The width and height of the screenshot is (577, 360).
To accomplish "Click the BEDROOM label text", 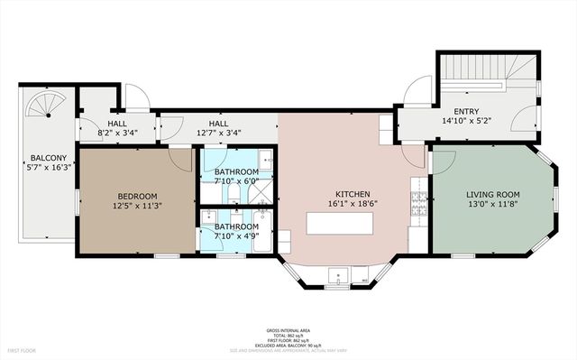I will click(x=137, y=196).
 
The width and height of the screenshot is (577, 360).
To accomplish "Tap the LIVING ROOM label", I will click(x=493, y=194).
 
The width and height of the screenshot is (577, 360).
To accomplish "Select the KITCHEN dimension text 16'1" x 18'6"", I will click(x=340, y=204).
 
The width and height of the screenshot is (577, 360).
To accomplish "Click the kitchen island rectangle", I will click(x=339, y=222).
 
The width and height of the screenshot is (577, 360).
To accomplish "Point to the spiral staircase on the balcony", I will click(x=41, y=106).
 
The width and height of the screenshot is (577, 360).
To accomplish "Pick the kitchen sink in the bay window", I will click(x=339, y=275).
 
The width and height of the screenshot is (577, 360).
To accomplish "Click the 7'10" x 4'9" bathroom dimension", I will click(x=236, y=237).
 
